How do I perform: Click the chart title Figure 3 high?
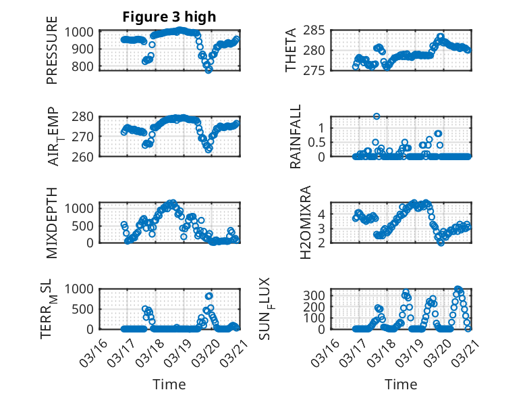[169, 17]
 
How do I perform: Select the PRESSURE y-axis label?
[52, 56]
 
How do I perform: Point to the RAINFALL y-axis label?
[296, 137]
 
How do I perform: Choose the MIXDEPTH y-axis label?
[52, 222]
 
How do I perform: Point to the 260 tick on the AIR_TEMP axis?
[86, 156]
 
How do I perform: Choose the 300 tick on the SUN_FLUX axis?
[319, 295]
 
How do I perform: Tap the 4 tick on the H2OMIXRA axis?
[323, 214]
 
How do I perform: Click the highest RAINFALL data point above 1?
[377, 116]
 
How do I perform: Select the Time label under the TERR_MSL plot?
[169, 385]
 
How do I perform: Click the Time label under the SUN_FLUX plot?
[401, 385]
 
